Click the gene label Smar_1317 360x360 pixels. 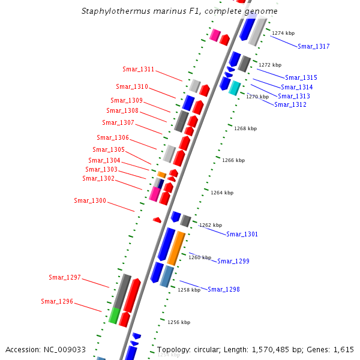pos(314,46)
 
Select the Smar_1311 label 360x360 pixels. pos(139,69)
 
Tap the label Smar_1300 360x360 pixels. pos(90,200)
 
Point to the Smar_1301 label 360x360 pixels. pos(242,234)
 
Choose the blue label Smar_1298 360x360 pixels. pos(224,289)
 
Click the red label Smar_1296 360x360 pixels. pos(57,301)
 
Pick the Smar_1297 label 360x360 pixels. pos(65,277)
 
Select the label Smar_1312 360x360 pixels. pos(290,104)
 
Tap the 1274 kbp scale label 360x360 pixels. pos(283,34)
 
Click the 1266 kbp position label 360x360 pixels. pos(233,161)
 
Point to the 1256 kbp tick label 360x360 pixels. pos(179,322)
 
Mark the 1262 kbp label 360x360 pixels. pos(211,225)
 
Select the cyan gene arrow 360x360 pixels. pos(234,88)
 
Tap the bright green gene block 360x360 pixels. pos(115,315)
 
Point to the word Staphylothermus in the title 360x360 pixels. pos(115,11)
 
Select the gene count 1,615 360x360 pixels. pos(343,349)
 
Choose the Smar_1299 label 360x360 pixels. pos(233,261)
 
